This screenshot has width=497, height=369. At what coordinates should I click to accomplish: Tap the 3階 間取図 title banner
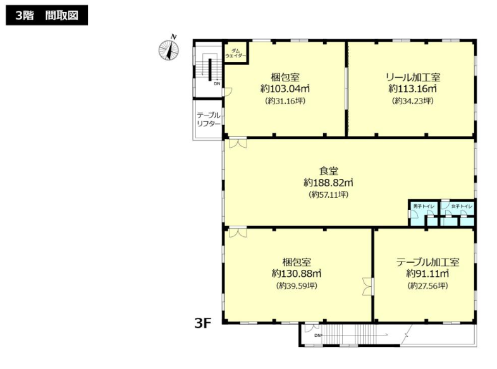[47, 15]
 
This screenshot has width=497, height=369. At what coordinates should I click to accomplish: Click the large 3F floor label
[202, 323]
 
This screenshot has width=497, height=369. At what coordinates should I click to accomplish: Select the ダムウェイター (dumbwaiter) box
[235, 52]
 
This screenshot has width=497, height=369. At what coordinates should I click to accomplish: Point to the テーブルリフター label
[209, 119]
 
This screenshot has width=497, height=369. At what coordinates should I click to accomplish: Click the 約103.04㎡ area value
[285, 88]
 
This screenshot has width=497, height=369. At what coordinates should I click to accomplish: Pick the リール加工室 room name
[413, 77]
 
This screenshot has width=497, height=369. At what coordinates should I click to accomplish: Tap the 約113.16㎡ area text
[413, 88]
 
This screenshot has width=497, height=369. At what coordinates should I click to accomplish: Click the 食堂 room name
[328, 171]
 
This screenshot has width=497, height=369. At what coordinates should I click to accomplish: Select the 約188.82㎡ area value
[328, 183]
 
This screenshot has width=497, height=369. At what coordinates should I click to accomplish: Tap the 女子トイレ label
[462, 206]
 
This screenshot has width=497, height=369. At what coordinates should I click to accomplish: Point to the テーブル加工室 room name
[427, 262]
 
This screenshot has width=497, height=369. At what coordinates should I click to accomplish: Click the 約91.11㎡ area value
[427, 274]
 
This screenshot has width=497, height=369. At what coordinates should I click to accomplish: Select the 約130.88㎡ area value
[297, 274]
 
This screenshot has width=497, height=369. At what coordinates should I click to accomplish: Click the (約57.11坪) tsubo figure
[328, 195]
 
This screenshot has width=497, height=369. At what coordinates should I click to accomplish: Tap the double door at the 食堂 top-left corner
[238, 143]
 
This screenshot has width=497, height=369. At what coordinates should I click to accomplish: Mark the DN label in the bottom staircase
[317, 336]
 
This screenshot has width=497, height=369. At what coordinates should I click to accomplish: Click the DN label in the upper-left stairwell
[217, 84]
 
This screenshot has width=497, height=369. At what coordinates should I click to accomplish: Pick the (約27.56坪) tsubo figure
[427, 286]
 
